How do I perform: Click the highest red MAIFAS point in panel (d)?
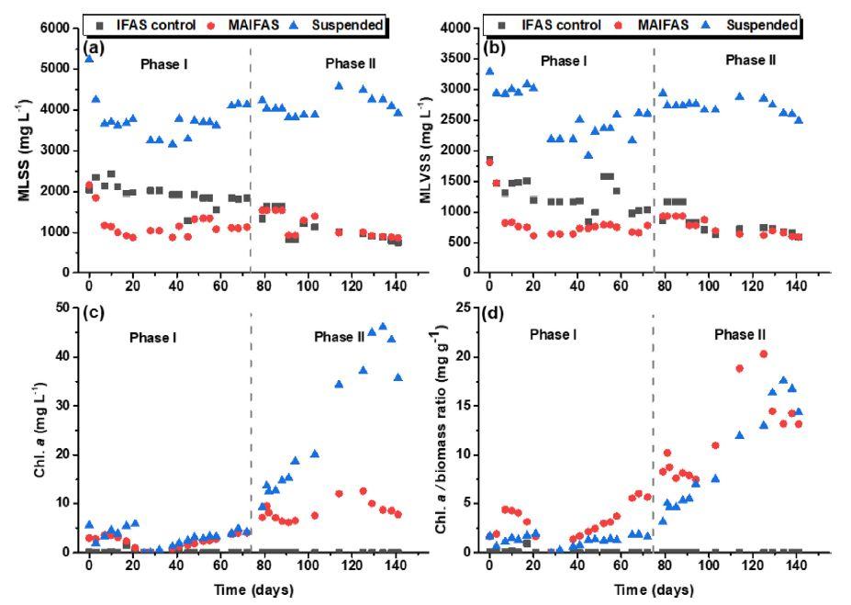coord(764,353)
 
